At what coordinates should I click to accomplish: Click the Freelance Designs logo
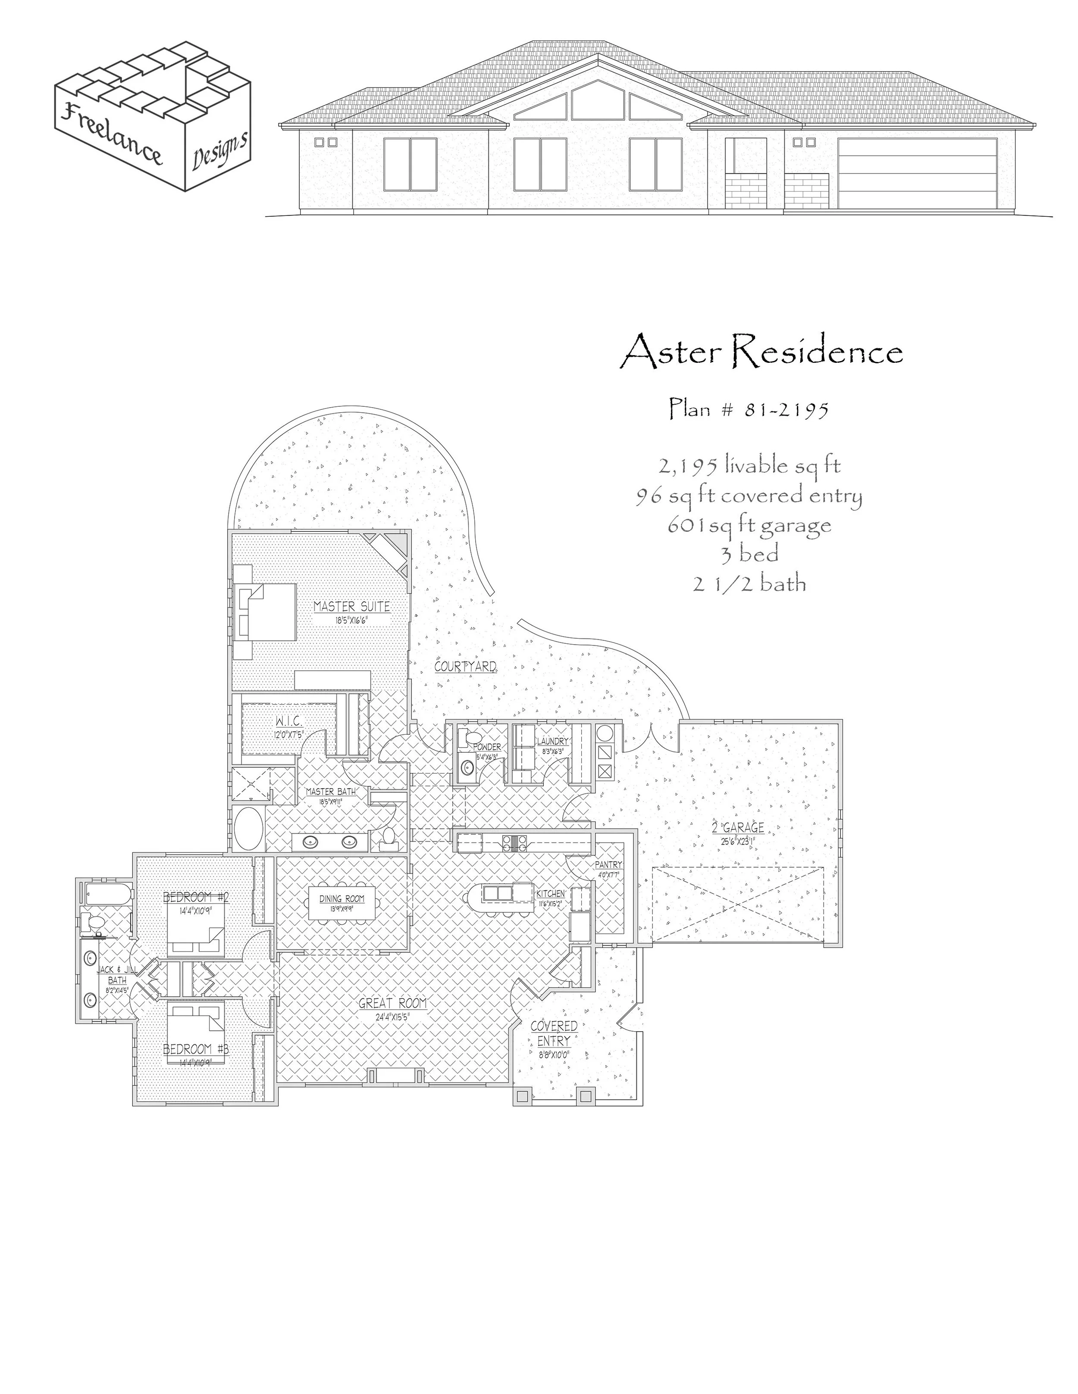[x=152, y=115]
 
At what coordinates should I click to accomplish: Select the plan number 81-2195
[x=749, y=409]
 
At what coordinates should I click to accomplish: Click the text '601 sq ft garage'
[x=749, y=525]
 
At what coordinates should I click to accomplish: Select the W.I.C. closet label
[x=288, y=721]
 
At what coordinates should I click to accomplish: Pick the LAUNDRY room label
[x=552, y=741]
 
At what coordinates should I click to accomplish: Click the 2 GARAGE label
[x=738, y=828]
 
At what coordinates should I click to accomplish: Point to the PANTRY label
[x=608, y=865]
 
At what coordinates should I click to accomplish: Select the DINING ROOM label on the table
[x=342, y=899]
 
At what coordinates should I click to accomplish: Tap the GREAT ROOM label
[x=392, y=1003]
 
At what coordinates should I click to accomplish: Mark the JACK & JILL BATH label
[x=117, y=975]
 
